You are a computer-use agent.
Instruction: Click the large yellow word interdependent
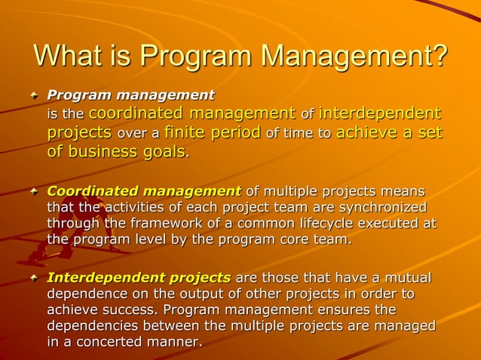click(380, 114)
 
